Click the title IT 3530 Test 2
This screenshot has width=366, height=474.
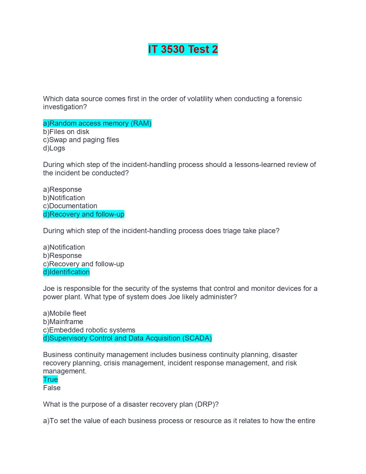(x=183, y=49)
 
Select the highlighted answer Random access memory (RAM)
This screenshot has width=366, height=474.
(x=97, y=123)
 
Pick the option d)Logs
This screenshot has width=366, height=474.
(x=54, y=148)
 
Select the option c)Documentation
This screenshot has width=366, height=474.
(x=70, y=206)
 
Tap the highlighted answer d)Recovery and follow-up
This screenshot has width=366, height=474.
(x=84, y=214)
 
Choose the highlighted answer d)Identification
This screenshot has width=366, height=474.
(x=66, y=272)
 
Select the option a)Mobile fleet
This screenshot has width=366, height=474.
(x=65, y=313)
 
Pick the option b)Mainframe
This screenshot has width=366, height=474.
(x=63, y=322)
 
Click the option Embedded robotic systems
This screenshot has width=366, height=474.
(x=89, y=330)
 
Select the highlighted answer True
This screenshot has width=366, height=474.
(x=50, y=379)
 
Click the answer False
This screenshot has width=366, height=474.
(x=52, y=388)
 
